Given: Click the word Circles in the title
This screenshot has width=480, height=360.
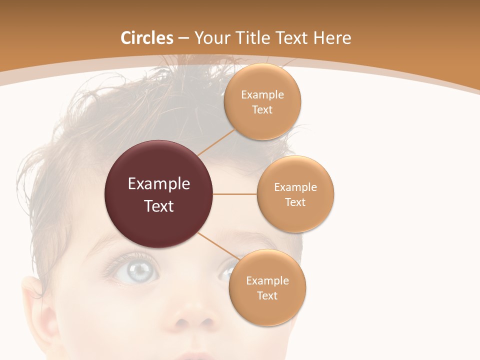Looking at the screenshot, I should tap(146, 38).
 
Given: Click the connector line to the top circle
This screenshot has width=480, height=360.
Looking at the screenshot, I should tap(216, 142).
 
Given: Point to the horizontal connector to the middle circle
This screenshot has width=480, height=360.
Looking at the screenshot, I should tap(235, 194).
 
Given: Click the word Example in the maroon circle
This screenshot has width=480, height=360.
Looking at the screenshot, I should tap(158, 184).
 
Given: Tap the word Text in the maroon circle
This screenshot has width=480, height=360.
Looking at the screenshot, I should tap(158, 206).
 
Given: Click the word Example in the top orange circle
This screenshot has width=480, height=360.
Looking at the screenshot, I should tap(262, 95).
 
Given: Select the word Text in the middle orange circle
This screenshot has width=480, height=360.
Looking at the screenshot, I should tap(295, 202).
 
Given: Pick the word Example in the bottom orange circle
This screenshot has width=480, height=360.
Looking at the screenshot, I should tap(267, 281).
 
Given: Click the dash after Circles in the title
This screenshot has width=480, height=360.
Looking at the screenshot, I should tap(183, 38).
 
